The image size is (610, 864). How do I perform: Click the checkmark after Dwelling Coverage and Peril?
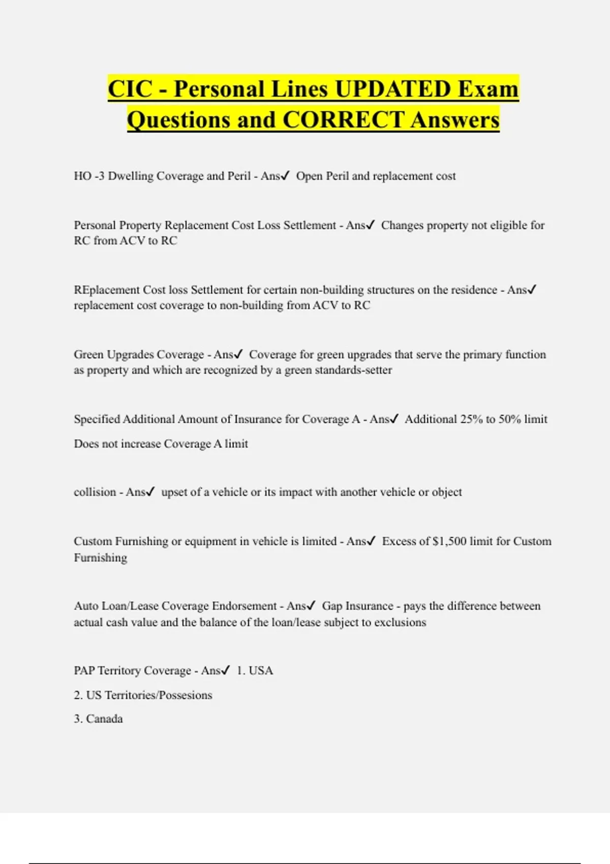coord(285,176)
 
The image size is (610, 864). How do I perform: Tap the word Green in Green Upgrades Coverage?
coord(88,354)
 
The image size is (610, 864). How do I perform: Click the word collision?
coord(95,492)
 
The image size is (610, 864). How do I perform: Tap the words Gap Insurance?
coord(357,606)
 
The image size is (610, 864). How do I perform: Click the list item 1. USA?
coord(255,670)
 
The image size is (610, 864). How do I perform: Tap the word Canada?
coord(104,719)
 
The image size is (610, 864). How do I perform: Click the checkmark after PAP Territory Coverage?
coord(226,670)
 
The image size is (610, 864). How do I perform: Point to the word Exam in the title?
coord(487,89)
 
